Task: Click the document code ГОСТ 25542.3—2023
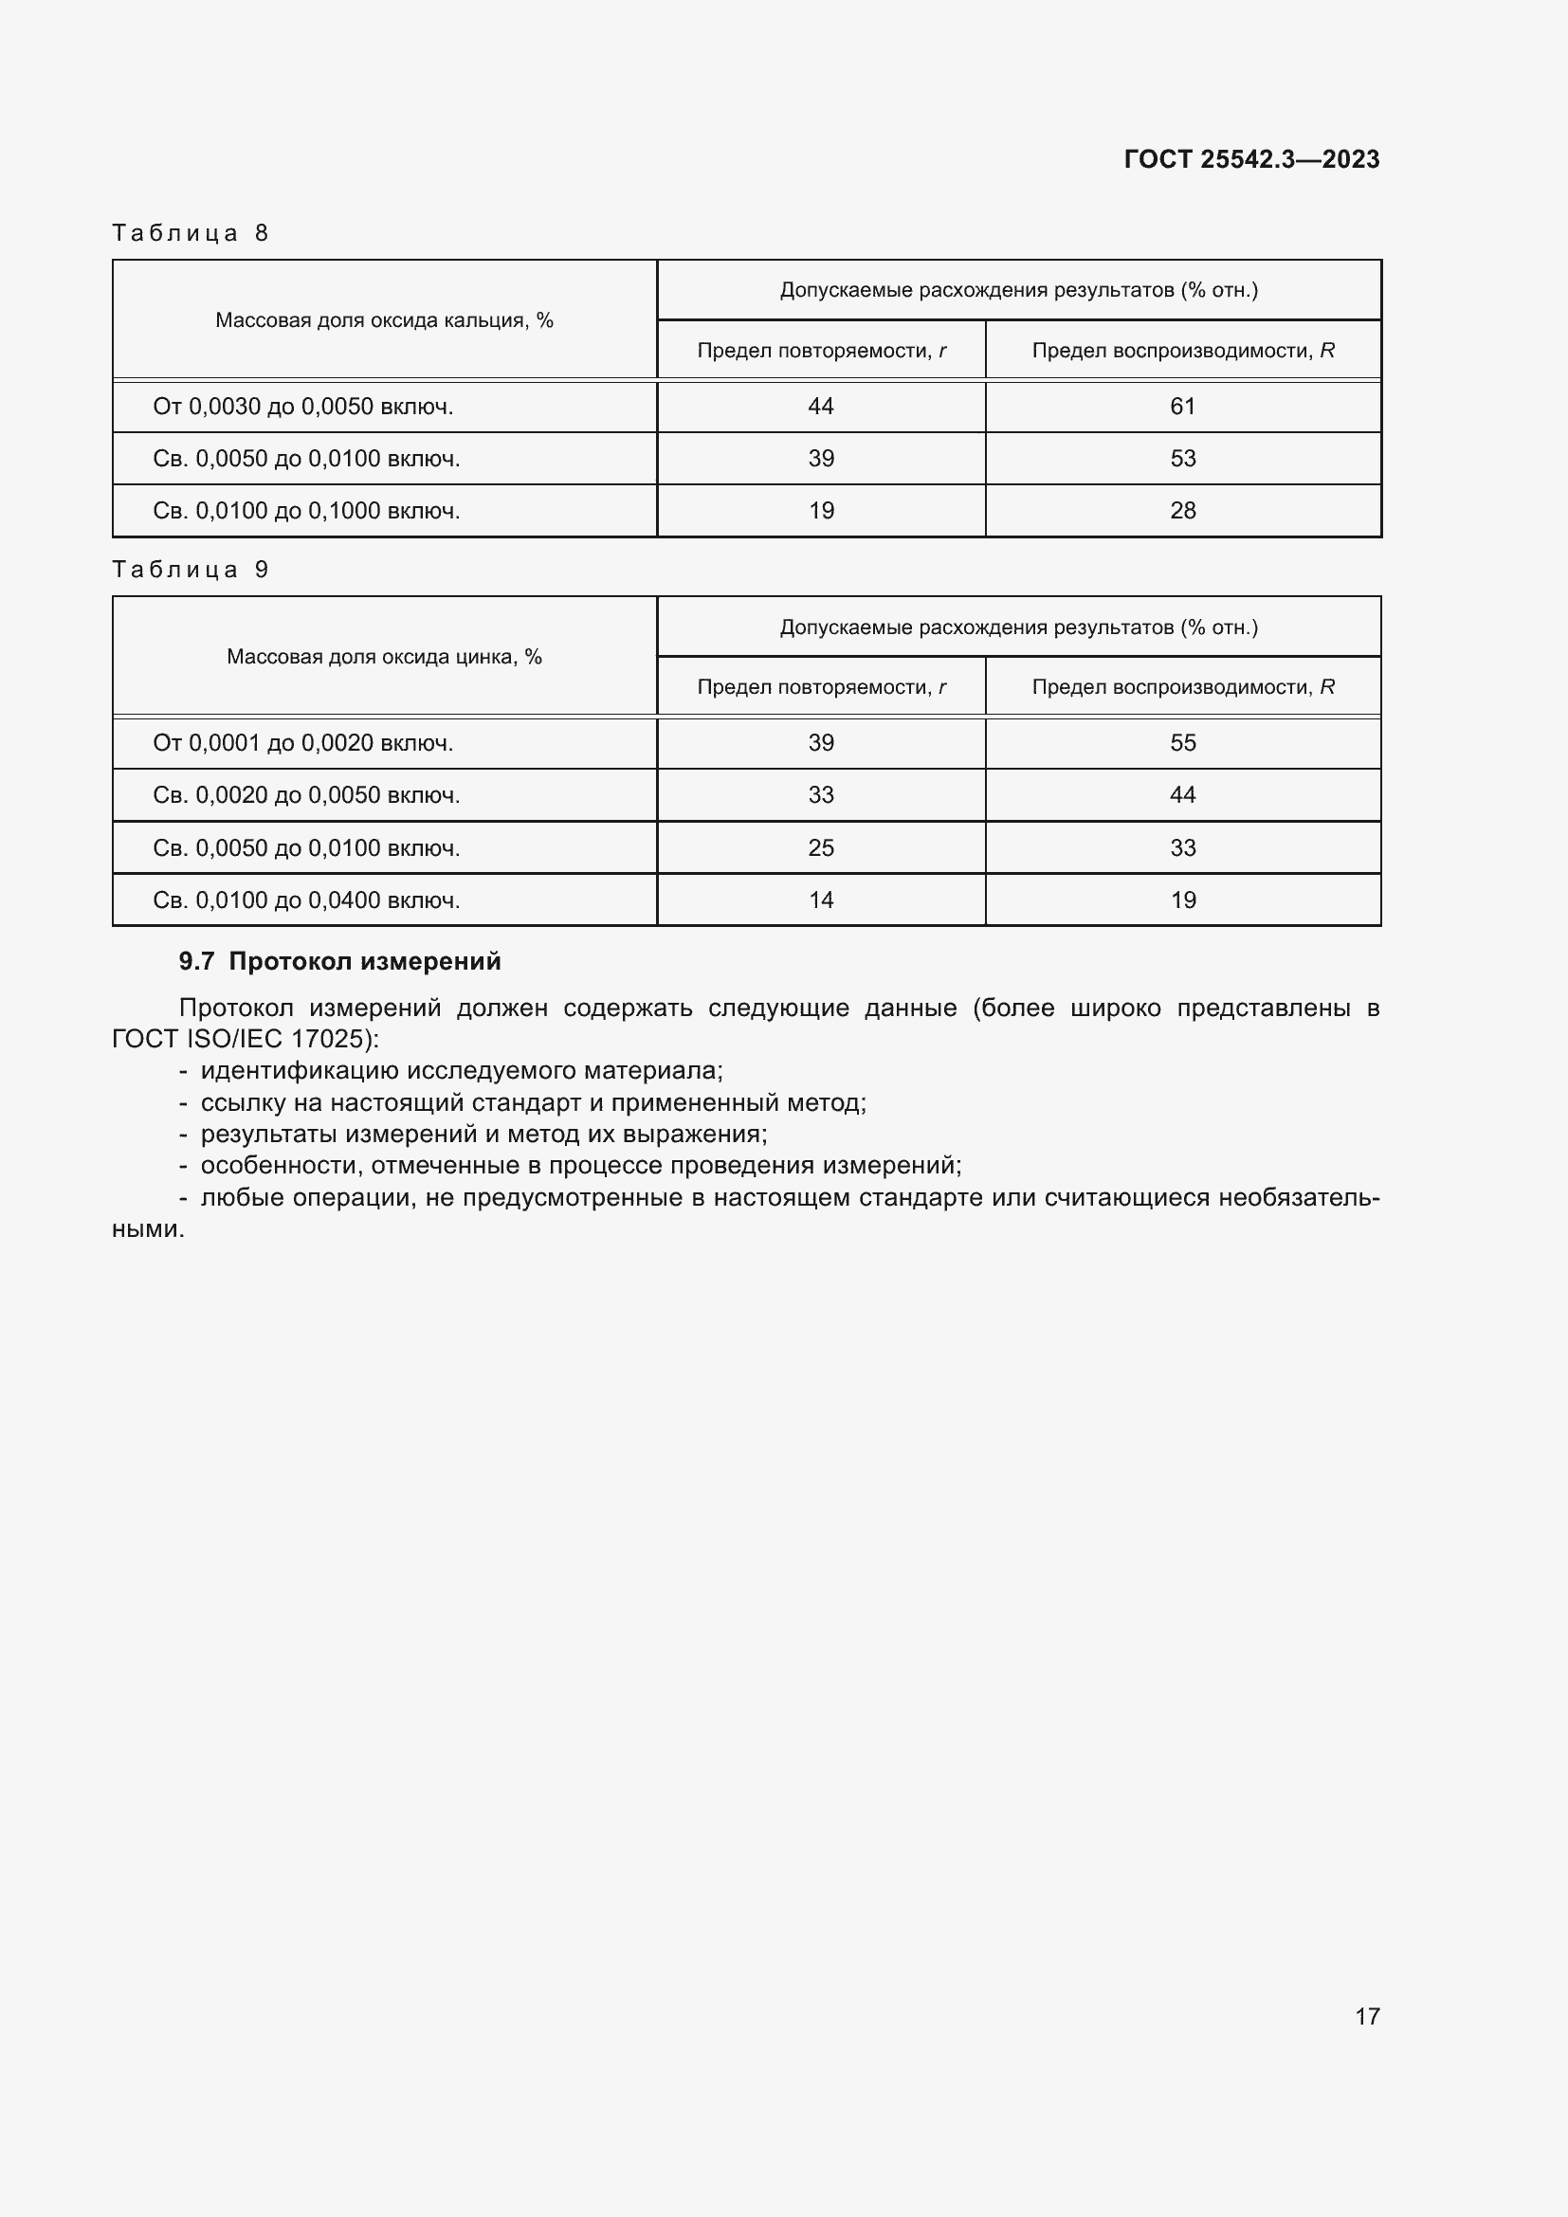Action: [x=1251, y=159]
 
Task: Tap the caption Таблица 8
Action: [x=191, y=233]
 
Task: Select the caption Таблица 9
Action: [x=191, y=570]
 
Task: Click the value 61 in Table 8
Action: [x=1183, y=407]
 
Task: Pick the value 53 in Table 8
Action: [x=1183, y=459]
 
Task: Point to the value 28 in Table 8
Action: [x=1183, y=511]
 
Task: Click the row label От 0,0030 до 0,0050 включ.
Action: [x=303, y=407]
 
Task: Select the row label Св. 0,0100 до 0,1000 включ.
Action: [x=306, y=511]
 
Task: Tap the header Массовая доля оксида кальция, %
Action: [x=384, y=320]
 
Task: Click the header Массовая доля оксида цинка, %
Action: [x=384, y=657]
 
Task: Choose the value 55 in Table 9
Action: [x=1183, y=742]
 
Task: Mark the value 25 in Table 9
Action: [x=821, y=847]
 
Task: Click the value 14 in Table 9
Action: [x=821, y=900]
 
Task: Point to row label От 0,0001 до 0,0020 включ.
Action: [x=303, y=742]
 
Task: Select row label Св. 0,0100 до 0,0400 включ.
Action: [x=306, y=900]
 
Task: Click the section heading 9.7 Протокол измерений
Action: [x=340, y=961]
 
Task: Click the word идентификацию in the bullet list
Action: [x=299, y=1071]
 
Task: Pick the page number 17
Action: [x=1367, y=2016]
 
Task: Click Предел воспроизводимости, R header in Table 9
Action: [x=1183, y=686]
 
